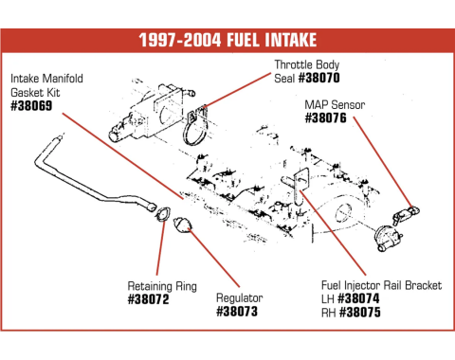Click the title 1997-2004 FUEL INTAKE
click(227, 41)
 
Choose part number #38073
click(238, 311)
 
